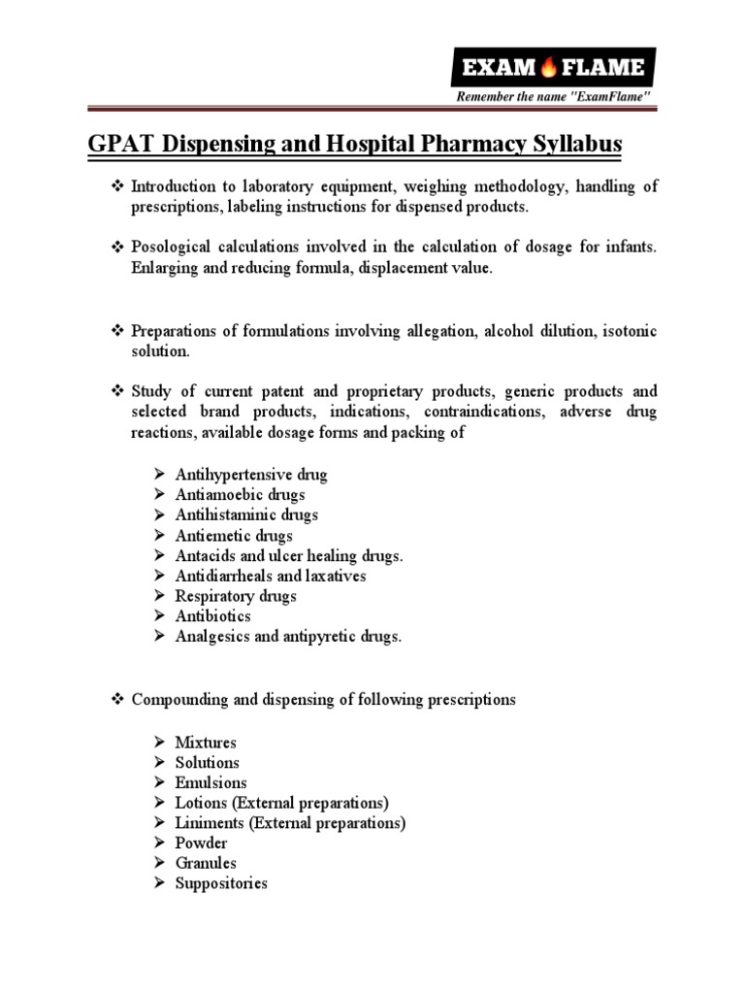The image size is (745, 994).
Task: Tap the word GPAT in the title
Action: click(113, 145)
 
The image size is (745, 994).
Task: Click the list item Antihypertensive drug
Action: click(251, 475)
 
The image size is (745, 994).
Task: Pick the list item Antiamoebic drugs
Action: click(240, 495)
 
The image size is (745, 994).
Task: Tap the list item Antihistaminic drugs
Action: click(246, 514)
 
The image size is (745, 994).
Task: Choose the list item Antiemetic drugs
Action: click(234, 535)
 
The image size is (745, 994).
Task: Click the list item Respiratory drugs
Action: click(236, 596)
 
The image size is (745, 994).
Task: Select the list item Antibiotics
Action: click(212, 615)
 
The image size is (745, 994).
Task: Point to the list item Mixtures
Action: click(206, 743)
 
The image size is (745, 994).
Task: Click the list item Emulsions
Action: click(211, 782)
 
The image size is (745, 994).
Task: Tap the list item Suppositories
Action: click(221, 883)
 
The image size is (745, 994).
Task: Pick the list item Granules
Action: click(206, 863)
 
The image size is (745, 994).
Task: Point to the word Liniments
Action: click(209, 823)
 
